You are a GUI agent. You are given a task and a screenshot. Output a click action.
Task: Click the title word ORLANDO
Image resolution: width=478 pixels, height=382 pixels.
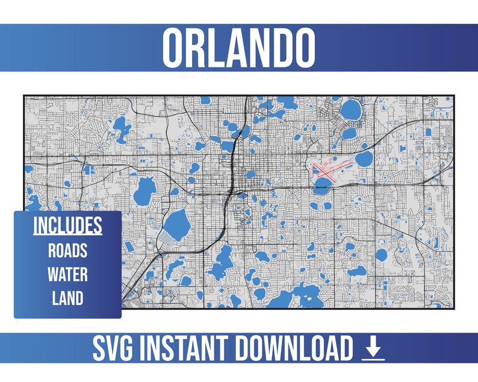click(238, 48)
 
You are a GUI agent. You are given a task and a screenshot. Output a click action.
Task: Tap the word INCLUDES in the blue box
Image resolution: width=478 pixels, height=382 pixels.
click(67, 225)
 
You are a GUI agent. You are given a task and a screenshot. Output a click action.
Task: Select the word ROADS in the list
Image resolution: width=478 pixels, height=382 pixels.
click(67, 250)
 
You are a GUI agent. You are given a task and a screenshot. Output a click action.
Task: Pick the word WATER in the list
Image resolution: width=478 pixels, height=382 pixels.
click(67, 274)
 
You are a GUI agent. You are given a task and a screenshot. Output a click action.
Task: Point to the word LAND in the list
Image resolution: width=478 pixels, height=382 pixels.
click(67, 298)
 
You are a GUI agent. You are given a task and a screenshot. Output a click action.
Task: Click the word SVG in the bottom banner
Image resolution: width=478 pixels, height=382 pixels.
click(117, 349)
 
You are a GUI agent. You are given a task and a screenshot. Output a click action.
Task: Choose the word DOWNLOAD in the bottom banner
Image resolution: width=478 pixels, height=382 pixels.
click(297, 349)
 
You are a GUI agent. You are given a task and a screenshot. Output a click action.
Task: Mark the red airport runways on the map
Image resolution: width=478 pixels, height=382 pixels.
click(326, 170)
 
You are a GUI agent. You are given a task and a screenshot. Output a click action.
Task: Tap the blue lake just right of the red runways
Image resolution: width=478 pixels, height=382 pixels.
click(364, 159)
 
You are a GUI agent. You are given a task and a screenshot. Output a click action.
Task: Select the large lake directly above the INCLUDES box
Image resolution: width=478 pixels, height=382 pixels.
click(144, 191)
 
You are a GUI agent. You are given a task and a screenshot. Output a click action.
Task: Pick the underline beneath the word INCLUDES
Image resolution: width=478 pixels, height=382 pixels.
click(67, 234)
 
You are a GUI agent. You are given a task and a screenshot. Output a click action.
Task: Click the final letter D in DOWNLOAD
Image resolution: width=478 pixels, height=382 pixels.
click(343, 349)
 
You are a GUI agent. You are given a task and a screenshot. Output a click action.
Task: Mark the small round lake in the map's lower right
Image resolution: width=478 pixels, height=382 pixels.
click(381, 254)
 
